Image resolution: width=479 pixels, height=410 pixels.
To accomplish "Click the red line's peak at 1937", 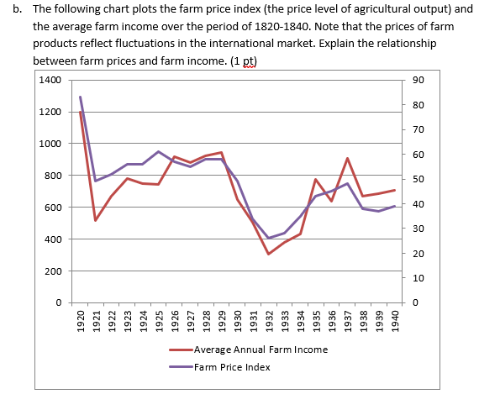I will tap(347, 158).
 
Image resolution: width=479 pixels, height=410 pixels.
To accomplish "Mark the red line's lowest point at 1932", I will tap(269, 254).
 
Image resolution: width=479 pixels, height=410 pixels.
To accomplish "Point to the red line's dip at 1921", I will tap(96, 220).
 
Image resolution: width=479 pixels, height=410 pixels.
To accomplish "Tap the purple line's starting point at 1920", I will tap(81, 97).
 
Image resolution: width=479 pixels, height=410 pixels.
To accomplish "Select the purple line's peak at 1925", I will tap(159, 151).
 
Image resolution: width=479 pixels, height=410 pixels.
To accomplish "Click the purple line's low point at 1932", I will tap(269, 239).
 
